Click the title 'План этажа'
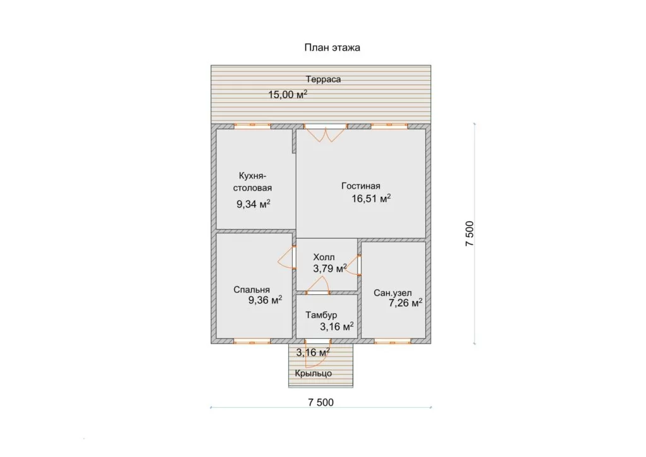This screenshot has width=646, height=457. click(x=332, y=47)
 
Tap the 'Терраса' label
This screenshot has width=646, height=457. click(x=323, y=80)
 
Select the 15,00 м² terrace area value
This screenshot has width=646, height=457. click(x=288, y=95)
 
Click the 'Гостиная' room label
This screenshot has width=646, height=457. click(x=360, y=186)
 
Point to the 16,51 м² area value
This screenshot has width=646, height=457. click(x=371, y=199)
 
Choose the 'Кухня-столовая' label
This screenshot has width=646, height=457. click(x=252, y=182)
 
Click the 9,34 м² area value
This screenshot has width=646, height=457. click(x=253, y=204)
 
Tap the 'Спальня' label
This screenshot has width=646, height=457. click(x=251, y=290)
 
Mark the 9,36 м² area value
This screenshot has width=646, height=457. click(x=265, y=300)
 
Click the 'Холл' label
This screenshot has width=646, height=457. click(x=324, y=257)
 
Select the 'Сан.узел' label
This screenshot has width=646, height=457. click(x=392, y=293)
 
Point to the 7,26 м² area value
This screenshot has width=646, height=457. click(x=406, y=303)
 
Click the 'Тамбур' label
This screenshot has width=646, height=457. click(x=321, y=315)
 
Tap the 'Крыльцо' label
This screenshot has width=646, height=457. click(x=313, y=374)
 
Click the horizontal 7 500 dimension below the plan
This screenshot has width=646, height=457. click(x=320, y=402)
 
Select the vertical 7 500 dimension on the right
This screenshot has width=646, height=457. click(x=469, y=234)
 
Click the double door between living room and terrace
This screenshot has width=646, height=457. click(x=326, y=133)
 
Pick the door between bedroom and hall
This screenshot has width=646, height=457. click(x=287, y=258)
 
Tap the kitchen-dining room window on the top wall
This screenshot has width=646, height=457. click(x=252, y=126)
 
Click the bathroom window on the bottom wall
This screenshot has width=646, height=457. click(x=392, y=341)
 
